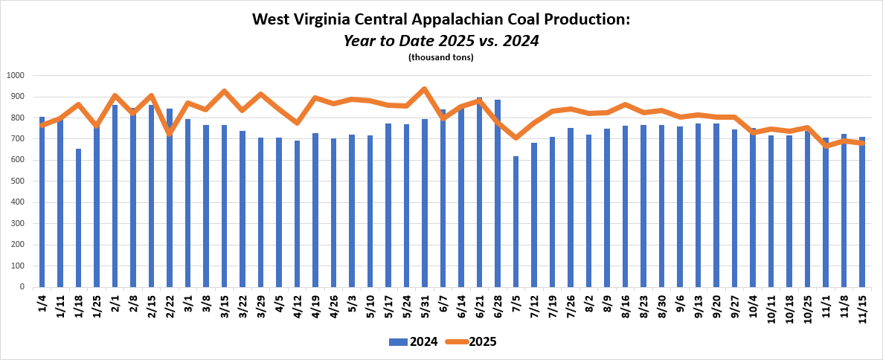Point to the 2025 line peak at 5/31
pyautogui.click(x=424, y=89)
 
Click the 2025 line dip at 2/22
pyautogui.click(x=170, y=133)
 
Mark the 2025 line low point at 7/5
pyautogui.click(x=516, y=138)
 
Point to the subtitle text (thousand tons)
pyautogui.click(x=441, y=57)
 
